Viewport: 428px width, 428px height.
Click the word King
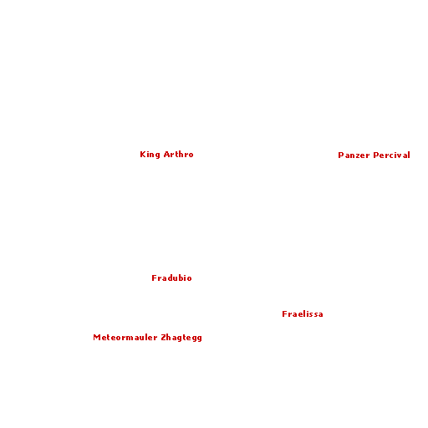[x=150, y=155]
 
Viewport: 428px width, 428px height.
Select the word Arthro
[x=179, y=154]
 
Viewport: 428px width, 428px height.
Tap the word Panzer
[x=354, y=155]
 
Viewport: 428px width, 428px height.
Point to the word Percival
[x=392, y=155]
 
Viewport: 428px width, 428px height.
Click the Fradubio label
[x=171, y=278]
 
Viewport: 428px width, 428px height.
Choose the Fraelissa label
[x=303, y=314]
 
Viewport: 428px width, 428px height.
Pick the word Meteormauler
[x=125, y=338]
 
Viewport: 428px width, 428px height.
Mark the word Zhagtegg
[x=181, y=338]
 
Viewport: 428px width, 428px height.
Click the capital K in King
[x=143, y=155]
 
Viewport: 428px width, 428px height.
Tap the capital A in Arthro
[x=167, y=155]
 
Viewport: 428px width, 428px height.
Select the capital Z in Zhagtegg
[x=164, y=338]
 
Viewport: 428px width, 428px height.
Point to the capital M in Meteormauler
[x=97, y=338]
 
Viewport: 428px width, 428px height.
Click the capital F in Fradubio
[x=154, y=278]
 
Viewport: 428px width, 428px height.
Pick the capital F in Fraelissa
[x=284, y=314]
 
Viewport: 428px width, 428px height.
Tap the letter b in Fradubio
[x=181, y=278]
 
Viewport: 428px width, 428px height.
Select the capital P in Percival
[x=376, y=155]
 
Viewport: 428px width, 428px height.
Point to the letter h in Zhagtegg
[x=169, y=337]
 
